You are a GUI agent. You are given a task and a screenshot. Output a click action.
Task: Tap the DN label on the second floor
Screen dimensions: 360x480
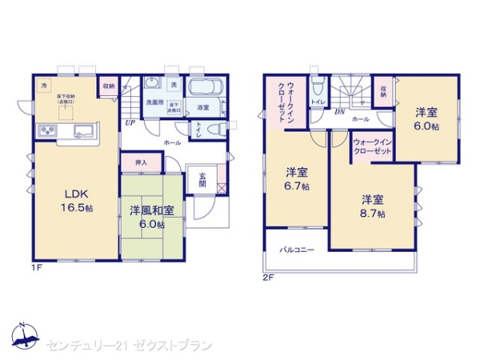[339, 111]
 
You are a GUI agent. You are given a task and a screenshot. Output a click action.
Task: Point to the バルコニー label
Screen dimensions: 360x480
[297, 250]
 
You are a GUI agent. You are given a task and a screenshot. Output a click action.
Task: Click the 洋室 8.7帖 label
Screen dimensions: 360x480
[372, 206]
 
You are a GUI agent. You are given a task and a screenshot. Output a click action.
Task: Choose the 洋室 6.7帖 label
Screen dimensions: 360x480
[298, 178]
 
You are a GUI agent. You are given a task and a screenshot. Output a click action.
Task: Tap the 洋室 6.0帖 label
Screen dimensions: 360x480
[426, 119]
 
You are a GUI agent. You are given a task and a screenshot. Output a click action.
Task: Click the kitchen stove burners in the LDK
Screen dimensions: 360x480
[45, 131]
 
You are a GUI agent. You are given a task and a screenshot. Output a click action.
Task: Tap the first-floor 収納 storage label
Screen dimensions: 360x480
[108, 85]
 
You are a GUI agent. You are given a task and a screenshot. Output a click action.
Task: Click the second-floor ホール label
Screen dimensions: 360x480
[360, 119]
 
